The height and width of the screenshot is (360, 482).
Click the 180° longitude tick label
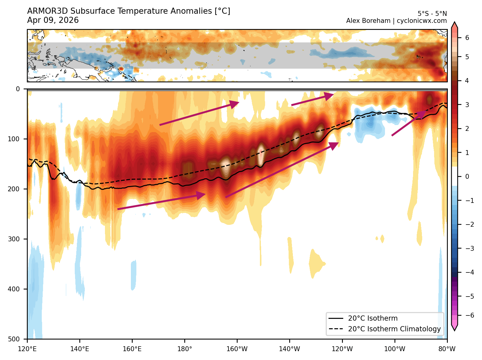tap(185, 349)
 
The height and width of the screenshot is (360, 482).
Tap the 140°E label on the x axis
tap(80, 349)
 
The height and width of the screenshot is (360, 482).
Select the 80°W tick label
tap(447, 349)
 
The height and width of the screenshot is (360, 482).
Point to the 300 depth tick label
tap(13, 239)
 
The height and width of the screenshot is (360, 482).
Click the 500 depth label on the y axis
tap(13, 339)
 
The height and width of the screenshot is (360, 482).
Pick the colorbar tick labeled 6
tap(467, 38)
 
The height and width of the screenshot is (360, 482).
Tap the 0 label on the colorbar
tap(467, 176)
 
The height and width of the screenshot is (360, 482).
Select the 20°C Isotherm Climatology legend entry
tap(394, 329)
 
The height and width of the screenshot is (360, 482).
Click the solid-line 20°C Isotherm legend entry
tap(373, 318)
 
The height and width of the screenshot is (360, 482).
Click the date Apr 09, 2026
tap(53, 20)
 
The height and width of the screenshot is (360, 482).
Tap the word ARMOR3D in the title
tap(47, 11)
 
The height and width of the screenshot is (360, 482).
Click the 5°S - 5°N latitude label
tap(432, 14)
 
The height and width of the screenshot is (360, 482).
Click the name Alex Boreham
tap(368, 21)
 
